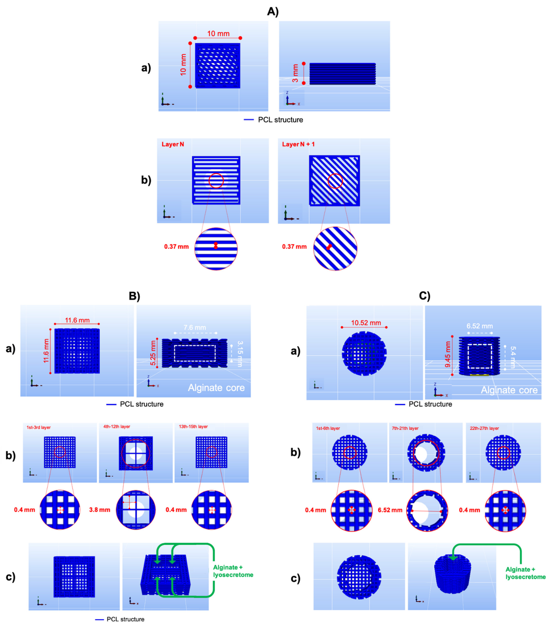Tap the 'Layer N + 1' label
298,144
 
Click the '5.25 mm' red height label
153,353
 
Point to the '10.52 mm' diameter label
366,323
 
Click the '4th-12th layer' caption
117,426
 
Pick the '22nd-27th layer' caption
484,428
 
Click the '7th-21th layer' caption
405,428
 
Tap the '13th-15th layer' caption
193,426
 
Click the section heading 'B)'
134,296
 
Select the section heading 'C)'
424,296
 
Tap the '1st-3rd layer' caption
39,427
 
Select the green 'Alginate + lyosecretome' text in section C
525,573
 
